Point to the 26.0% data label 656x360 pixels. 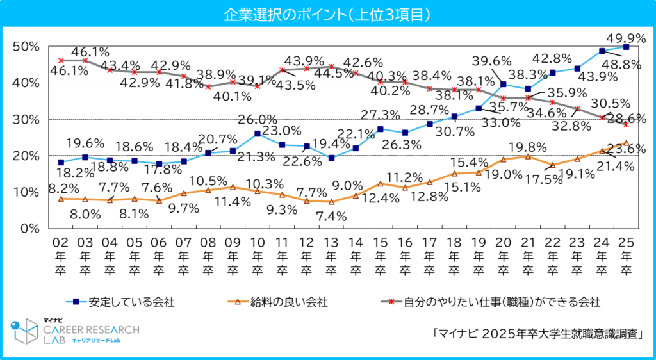point(256,120)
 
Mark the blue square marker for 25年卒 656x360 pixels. point(626,47)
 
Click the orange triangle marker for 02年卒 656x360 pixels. point(61,199)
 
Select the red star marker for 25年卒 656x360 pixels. point(626,124)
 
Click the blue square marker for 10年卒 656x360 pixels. point(257,134)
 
